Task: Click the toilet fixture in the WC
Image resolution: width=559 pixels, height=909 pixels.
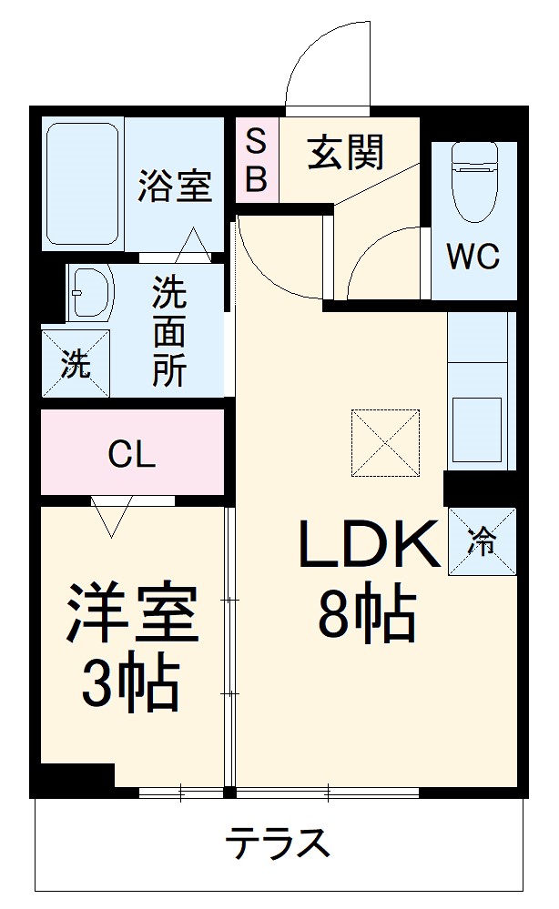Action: pos(473,182)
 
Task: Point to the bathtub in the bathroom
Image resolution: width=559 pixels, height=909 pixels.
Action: pos(83,183)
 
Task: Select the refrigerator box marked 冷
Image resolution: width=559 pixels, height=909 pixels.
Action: pos(483,540)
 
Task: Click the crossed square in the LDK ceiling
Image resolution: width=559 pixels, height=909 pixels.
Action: pos(386,441)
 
